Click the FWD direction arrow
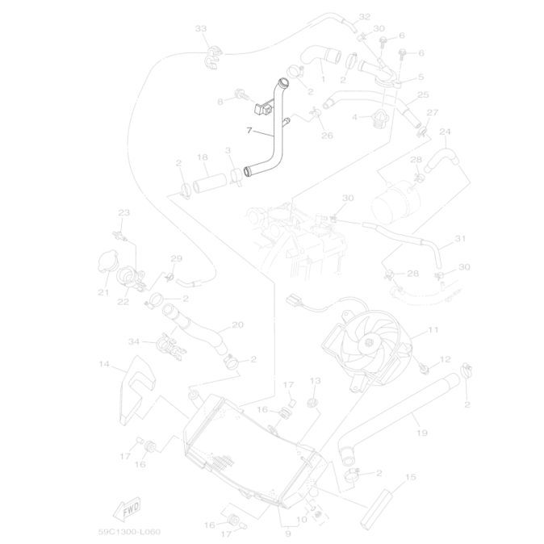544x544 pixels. [x=128, y=509]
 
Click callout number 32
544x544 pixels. [x=364, y=17]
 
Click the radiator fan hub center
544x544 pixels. [x=370, y=343]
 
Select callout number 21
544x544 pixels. [x=103, y=292]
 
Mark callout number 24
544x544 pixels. [x=445, y=132]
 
